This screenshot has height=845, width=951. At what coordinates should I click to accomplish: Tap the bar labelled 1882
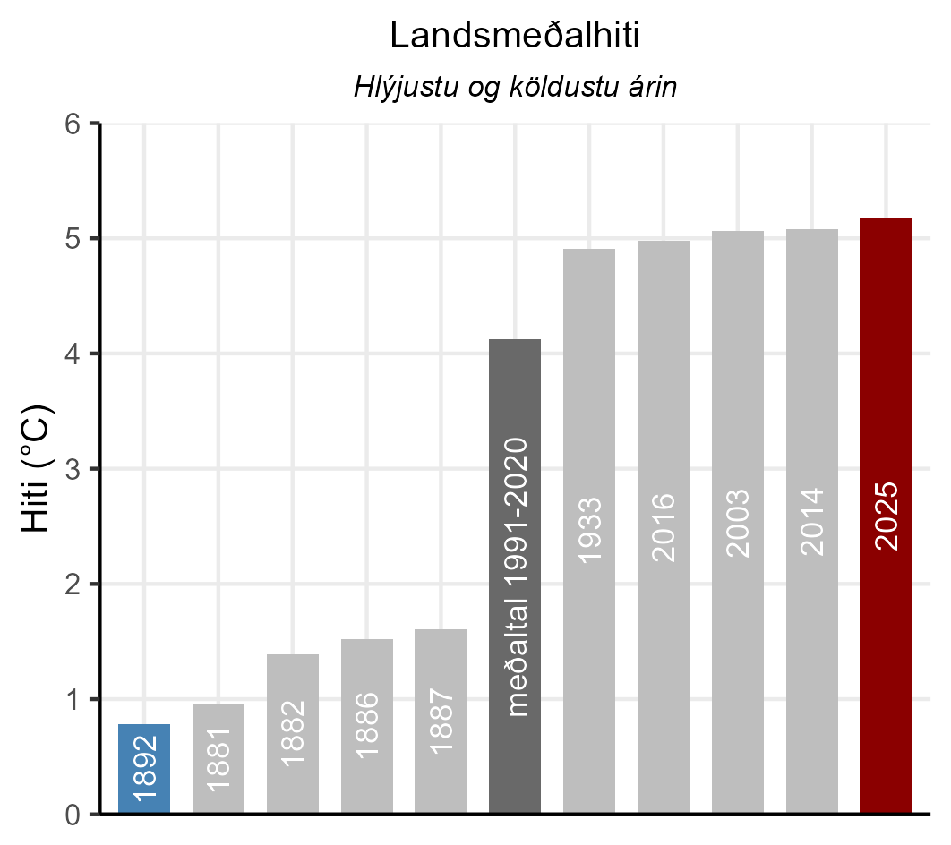click(x=293, y=734)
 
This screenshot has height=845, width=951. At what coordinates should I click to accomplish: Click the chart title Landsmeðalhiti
click(x=514, y=36)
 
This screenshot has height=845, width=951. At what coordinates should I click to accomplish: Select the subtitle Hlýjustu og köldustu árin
click(x=514, y=89)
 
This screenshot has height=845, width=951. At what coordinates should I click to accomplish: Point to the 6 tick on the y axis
click(x=73, y=124)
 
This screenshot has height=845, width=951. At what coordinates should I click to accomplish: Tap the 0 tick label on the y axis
click(x=73, y=815)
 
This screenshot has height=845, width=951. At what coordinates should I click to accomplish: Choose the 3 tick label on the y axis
click(x=73, y=469)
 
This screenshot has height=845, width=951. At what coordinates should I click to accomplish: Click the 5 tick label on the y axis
click(x=73, y=239)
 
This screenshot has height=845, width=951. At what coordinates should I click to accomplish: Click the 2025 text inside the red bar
click(x=886, y=516)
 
